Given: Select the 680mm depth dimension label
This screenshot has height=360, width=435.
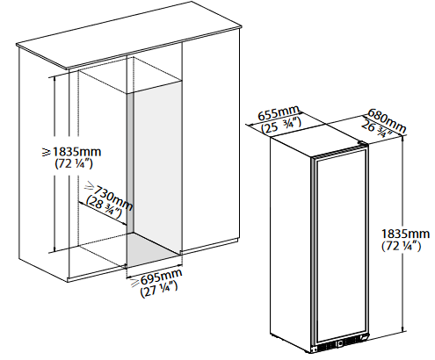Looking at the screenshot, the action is [x=387, y=119].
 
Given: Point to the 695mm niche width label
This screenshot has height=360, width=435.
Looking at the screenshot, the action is [x=162, y=277].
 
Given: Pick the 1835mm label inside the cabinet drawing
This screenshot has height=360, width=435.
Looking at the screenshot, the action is [x=77, y=152].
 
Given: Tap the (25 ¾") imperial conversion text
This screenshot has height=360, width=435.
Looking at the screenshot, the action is [x=281, y=126].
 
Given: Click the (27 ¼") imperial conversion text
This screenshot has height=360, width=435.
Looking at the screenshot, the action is [x=159, y=289].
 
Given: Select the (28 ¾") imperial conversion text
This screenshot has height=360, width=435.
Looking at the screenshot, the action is [x=104, y=207].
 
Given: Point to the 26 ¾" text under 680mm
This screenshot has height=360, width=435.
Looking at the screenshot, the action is [x=377, y=129].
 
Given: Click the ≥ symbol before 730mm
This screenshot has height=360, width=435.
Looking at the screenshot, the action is [x=90, y=185].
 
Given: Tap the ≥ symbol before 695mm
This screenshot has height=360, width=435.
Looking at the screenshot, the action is [x=134, y=283].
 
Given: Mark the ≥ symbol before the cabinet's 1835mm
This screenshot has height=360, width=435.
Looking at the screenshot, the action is [x=47, y=152].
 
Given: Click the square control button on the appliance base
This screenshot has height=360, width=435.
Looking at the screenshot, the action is [x=340, y=343].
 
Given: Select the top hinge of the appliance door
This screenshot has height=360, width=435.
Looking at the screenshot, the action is [x=362, y=144].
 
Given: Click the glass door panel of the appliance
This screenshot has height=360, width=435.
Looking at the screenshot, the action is [x=340, y=248].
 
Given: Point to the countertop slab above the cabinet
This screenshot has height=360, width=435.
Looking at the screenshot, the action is [x=129, y=35].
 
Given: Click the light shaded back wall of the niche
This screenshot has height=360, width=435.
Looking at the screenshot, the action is [x=156, y=167].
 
